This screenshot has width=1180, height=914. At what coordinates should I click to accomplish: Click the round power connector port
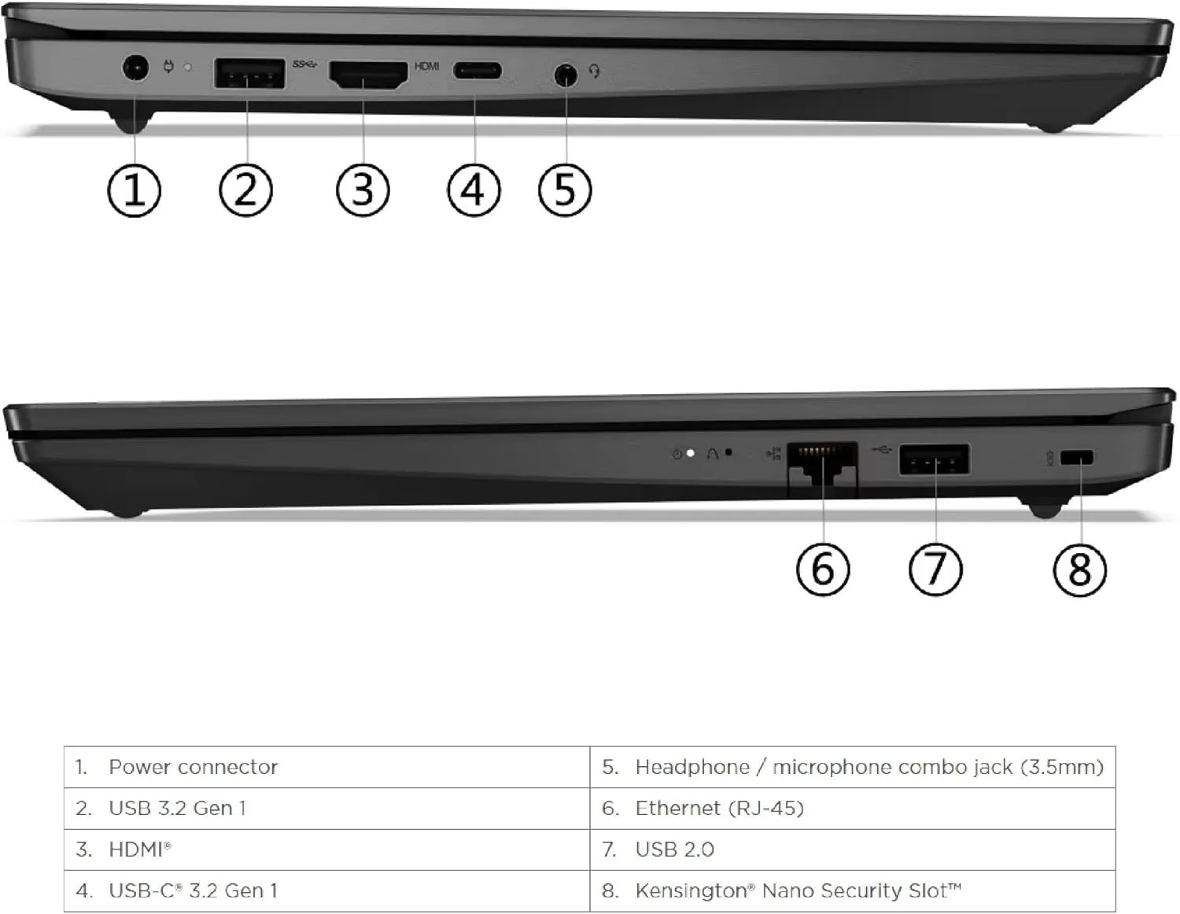[x=136, y=68]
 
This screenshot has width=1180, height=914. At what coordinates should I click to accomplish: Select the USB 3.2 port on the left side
[x=249, y=74]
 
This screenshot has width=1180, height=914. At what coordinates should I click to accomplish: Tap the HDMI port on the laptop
[x=367, y=75]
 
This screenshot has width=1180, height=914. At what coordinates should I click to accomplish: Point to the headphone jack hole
[x=565, y=76]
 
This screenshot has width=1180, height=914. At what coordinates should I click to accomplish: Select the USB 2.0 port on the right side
[x=934, y=459]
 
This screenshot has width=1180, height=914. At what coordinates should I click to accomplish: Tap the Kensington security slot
[x=1076, y=458]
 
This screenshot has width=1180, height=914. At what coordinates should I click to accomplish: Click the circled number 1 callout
[x=134, y=190]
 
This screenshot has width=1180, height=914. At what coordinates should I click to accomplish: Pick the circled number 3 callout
[x=362, y=190]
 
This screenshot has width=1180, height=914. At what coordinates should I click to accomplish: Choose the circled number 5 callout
[x=564, y=190]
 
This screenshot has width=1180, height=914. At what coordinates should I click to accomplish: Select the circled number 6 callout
[x=822, y=569]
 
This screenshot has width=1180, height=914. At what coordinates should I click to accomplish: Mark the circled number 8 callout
[x=1079, y=569]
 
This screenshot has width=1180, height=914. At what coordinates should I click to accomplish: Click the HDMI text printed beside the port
[x=426, y=66]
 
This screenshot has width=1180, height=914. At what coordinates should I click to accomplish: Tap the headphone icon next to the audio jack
[x=595, y=72]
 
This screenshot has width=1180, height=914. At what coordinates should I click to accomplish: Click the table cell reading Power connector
[x=193, y=767]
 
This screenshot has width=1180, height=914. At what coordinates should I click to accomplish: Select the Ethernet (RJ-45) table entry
[x=719, y=809]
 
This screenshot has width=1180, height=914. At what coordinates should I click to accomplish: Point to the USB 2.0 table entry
[x=674, y=850]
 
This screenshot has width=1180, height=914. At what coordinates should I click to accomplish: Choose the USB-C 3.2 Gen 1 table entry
[x=193, y=891]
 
